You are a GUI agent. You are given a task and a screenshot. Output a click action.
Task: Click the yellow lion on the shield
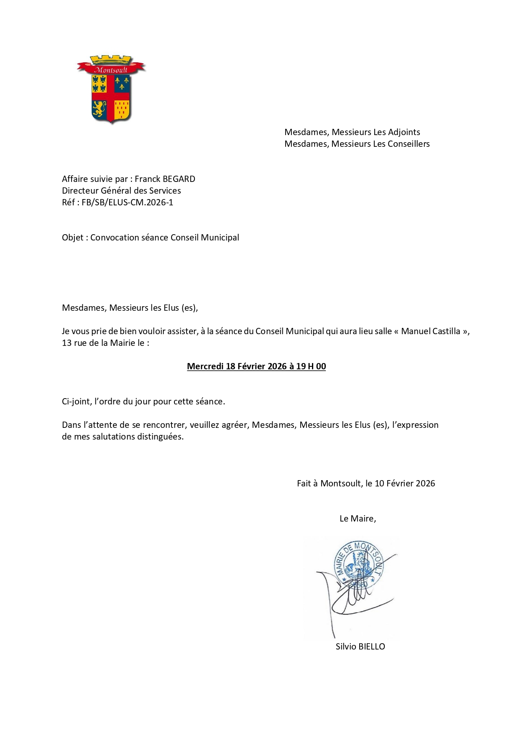click(99, 108)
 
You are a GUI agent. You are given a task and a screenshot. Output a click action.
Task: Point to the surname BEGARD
click(179, 179)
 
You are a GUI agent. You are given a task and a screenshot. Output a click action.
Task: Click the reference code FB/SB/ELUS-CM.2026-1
click(127, 202)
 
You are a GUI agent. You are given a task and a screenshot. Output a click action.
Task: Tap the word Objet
click(73, 238)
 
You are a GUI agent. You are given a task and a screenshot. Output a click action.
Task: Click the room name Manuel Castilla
click(430, 331)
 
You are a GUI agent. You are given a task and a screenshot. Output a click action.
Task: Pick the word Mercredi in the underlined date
click(205, 366)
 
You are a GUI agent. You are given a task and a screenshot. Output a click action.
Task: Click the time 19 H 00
click(311, 366)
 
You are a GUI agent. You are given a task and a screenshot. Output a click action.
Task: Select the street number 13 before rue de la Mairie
click(66, 343)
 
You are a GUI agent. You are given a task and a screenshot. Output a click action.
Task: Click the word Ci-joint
click(75, 402)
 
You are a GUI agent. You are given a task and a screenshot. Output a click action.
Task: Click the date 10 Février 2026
click(404, 483)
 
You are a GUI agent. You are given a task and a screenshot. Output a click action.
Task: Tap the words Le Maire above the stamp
click(357, 519)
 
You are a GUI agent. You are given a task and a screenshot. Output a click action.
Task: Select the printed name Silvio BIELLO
click(360, 647)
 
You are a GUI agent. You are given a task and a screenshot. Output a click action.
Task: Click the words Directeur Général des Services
click(121, 191)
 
